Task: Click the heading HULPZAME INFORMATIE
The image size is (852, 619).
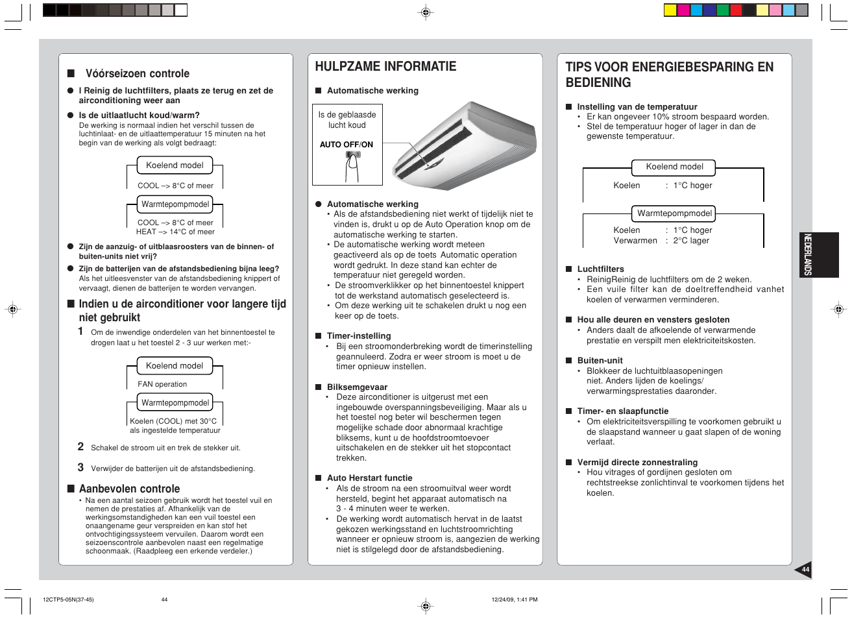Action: click(x=385, y=66)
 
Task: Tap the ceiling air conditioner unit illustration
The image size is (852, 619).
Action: click(x=463, y=145)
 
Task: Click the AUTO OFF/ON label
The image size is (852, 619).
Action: click(x=347, y=145)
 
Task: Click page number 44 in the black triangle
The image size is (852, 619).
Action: click(x=805, y=570)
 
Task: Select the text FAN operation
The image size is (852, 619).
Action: click(x=162, y=384)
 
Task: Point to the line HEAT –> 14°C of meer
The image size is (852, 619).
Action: click(x=175, y=232)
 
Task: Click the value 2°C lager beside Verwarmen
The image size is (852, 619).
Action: click(x=691, y=241)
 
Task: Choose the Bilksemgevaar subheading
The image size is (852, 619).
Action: click(x=357, y=387)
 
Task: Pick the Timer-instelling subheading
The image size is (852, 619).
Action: click(x=359, y=336)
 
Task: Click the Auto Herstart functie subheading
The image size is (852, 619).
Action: click(x=369, y=478)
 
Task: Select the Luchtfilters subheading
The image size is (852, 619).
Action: click(x=600, y=269)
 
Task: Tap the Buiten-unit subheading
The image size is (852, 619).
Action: click(x=600, y=361)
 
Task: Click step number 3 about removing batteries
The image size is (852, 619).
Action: click(x=80, y=467)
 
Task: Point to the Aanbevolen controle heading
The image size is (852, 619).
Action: click(x=129, y=489)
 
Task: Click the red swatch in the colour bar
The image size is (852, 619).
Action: click(x=736, y=10)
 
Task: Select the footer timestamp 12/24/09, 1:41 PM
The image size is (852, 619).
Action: click(x=515, y=600)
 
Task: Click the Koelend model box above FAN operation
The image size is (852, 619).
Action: click(x=175, y=366)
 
